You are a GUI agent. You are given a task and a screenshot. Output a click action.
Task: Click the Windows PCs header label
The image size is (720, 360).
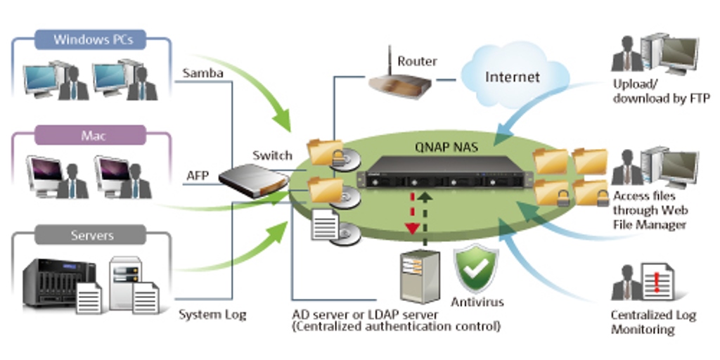[91, 39]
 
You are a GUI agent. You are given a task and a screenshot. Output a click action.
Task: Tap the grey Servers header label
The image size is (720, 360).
[90, 234]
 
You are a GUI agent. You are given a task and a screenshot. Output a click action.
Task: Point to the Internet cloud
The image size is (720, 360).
[513, 76]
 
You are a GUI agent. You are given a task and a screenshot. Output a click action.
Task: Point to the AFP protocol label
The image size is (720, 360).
[198, 175]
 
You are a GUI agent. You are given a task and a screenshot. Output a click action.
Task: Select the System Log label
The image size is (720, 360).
[212, 314]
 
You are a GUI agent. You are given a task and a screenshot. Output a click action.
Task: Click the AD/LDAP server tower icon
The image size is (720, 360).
[419, 277]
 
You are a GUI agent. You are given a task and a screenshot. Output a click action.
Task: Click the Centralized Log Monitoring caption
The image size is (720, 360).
[652, 322]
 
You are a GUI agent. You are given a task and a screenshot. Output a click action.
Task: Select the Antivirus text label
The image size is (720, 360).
[477, 302]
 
